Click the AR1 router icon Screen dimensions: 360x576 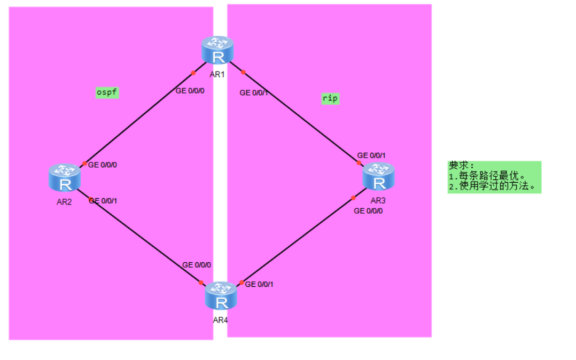pos(218,51)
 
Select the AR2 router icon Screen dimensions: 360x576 pos(65,178)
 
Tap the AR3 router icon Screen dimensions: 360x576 pos(379,177)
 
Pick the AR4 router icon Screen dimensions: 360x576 pos(221,296)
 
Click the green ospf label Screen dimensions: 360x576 pos(106,92)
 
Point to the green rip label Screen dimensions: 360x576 pos(330,98)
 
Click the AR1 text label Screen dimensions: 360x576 pos(217,74)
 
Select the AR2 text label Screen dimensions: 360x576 pos(64,201)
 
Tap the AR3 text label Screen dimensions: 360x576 pos(378,200)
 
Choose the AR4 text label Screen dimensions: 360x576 pos(220,320)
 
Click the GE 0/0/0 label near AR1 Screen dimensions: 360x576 pos(190,90)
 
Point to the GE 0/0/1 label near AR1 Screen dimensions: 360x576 pos(254,93)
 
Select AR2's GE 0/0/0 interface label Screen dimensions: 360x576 pos(103,165)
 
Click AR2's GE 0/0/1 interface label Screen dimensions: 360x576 pos(103,201)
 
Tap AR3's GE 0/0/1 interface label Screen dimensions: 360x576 pos(371,155)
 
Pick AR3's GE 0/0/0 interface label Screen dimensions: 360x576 pos(369,211)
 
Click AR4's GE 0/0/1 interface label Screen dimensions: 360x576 pos(260,284)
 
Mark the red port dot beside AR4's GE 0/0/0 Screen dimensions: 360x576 pos(201,283)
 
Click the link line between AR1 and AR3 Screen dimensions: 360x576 pos(299,114)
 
